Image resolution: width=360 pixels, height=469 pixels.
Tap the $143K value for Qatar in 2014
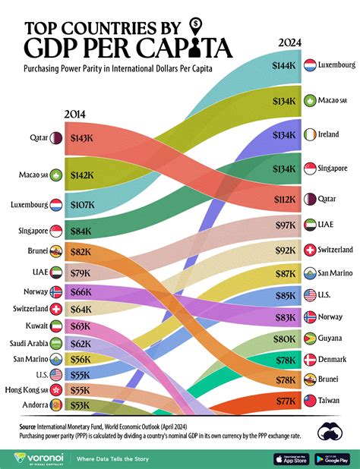81,139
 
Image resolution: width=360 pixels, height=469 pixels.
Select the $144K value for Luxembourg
284,66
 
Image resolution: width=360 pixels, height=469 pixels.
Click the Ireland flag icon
309,134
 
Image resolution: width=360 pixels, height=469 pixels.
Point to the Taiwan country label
330,398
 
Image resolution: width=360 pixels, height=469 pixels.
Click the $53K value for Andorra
81,405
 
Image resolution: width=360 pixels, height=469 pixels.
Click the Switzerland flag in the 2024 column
309,250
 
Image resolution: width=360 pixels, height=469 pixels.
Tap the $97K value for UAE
284,225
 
